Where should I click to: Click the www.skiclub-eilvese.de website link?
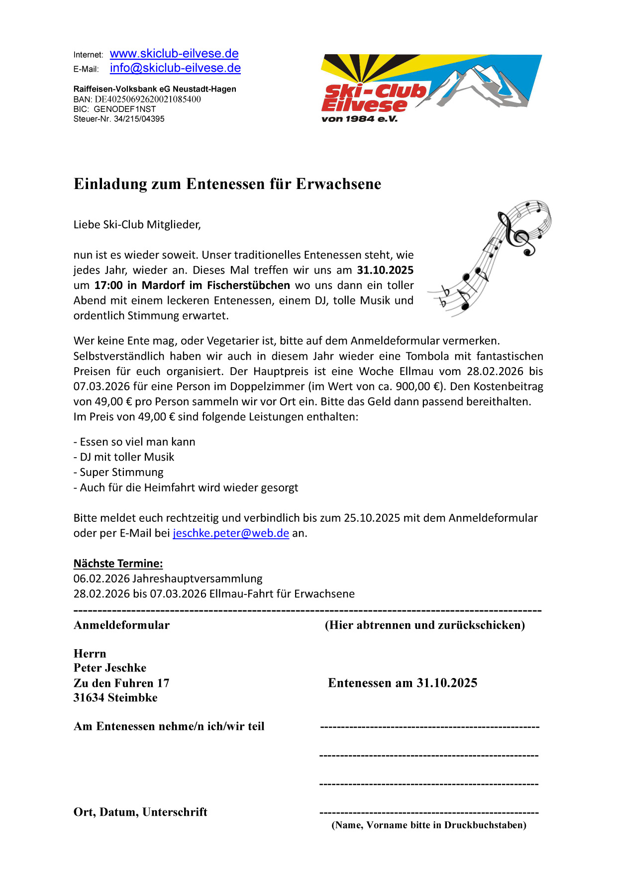174,54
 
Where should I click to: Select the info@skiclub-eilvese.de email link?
175,68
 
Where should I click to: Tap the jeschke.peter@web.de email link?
231,533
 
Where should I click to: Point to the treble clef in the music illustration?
517,234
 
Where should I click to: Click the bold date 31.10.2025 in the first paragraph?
385,270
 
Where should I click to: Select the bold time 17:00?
108,286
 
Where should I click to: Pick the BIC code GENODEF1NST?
125,109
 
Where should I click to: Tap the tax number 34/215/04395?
139,119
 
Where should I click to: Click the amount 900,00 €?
418,387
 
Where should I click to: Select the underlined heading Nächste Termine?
118,564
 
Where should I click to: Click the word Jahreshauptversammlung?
198,579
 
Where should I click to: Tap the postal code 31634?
90,698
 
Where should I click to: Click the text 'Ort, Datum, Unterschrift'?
140,812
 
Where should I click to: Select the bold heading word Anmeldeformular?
121,625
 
